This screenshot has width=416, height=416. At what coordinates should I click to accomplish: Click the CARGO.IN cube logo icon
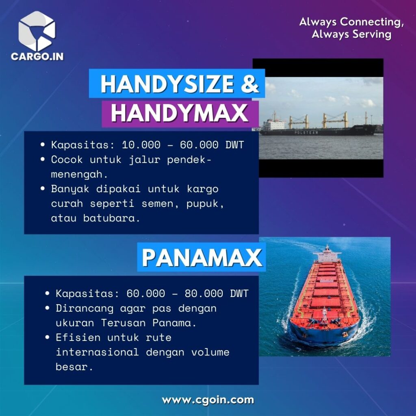click(x=37, y=31)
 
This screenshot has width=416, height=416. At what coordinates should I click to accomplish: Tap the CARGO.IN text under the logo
click(x=37, y=56)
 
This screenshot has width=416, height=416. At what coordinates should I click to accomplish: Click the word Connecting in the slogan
click(x=372, y=22)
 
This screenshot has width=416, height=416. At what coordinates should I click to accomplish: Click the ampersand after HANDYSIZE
click(x=250, y=84)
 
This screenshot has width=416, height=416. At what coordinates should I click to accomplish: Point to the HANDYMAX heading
click(x=179, y=113)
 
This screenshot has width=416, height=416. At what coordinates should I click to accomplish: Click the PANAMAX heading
click(x=202, y=258)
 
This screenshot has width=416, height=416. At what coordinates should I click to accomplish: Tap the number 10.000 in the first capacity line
click(x=141, y=145)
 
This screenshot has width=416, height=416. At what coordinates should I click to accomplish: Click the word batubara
click(x=111, y=218)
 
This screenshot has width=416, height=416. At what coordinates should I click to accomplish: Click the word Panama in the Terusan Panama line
click(x=174, y=323)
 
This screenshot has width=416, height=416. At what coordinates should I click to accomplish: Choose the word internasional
click(x=97, y=352)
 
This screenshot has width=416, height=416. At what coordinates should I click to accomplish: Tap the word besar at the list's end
click(x=74, y=367)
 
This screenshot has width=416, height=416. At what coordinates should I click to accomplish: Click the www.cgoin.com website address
click(x=208, y=400)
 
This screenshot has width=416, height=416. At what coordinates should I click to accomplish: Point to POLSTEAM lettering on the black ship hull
click(x=306, y=132)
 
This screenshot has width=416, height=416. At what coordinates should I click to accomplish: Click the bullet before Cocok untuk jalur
click(x=43, y=160)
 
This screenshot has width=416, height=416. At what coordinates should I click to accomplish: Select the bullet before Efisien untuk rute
click(x=48, y=338)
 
